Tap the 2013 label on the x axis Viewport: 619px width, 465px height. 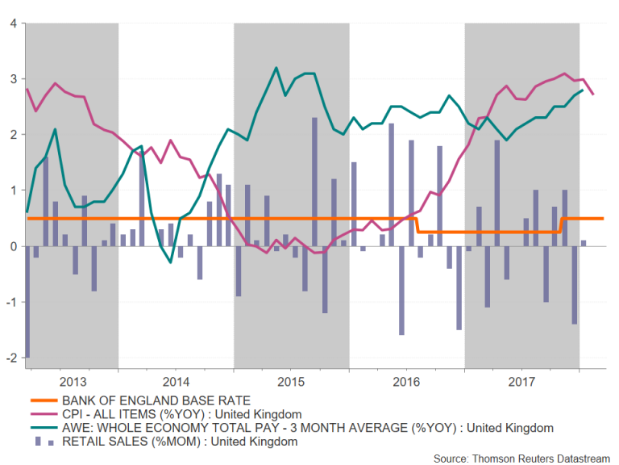[x=73, y=380]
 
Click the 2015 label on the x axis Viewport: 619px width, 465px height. [x=292, y=380]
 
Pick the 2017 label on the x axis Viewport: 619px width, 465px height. [x=521, y=380]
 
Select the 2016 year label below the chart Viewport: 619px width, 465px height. [x=407, y=380]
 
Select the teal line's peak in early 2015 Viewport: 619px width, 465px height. [x=276, y=68]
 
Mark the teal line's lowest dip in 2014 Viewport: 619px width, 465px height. [x=170, y=262]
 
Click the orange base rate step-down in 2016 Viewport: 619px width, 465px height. [x=419, y=224]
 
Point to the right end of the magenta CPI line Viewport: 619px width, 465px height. [x=594, y=94]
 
